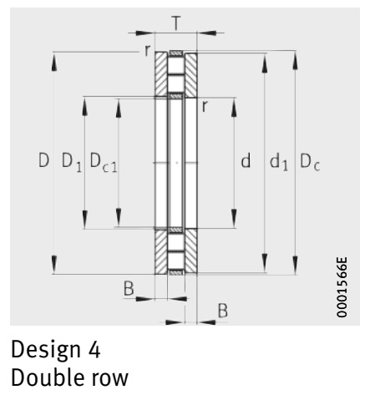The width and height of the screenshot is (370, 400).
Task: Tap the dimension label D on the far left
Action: pyautogui.click(x=43, y=160)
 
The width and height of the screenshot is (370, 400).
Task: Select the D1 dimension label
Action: pyautogui.click(x=72, y=162)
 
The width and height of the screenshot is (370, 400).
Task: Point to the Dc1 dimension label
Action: pyautogui.click(x=104, y=163)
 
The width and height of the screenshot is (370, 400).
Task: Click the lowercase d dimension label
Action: pyautogui.click(x=246, y=160)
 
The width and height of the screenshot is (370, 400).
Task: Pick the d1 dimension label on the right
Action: pyautogui.click(x=279, y=162)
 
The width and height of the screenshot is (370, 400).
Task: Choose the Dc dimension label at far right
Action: pyautogui.click(x=310, y=161)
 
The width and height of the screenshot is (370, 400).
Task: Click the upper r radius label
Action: pyautogui.click(x=147, y=50)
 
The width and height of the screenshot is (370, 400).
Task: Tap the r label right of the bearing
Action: pyautogui.click(x=205, y=106)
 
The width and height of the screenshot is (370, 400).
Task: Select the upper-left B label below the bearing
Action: pyautogui.click(x=129, y=288)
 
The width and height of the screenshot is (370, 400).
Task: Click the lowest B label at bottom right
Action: pyautogui.click(x=222, y=311)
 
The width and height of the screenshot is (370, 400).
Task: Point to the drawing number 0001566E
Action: pyautogui.click(x=342, y=287)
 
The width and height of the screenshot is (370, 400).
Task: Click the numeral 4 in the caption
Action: pyautogui.click(x=94, y=349)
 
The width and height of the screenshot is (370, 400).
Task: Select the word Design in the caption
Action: pyautogui.click(x=46, y=350)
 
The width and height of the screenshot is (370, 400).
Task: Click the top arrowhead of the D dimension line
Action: pyautogui.click(x=54, y=63)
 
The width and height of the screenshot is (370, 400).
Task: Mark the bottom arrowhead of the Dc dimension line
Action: pyautogui.click(x=295, y=265)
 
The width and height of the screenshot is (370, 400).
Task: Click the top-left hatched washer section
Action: pyautogui.click(x=161, y=74)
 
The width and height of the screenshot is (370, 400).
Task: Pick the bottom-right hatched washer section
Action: pyautogui.click(x=191, y=251)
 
